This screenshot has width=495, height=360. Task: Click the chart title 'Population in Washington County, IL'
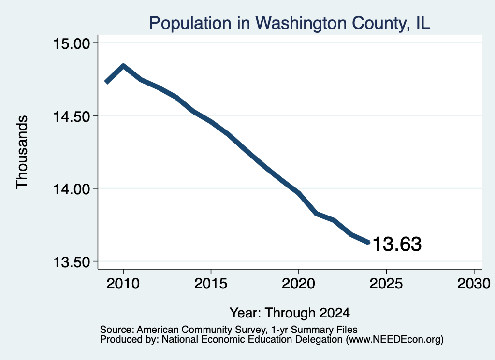click(290, 23)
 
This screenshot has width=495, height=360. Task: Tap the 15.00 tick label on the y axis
click(72, 43)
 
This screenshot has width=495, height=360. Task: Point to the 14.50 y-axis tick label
click(72, 116)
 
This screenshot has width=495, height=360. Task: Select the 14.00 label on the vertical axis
click(72, 189)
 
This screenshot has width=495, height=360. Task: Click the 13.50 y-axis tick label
click(72, 262)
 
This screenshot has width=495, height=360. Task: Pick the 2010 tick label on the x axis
click(123, 284)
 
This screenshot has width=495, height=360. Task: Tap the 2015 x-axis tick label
click(211, 284)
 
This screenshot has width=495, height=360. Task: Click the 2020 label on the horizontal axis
click(298, 284)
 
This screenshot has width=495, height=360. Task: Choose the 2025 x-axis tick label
click(386, 284)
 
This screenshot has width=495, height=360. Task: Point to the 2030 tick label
click(474, 284)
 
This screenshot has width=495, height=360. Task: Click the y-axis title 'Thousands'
click(22, 152)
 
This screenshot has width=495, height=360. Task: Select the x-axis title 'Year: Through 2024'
click(290, 313)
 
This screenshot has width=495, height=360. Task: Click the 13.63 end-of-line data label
click(397, 244)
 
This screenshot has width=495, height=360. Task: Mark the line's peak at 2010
click(123, 66)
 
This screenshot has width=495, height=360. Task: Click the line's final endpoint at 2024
click(368, 242)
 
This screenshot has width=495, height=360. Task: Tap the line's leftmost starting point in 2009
click(106, 82)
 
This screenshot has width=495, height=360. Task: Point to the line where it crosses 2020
click(299, 193)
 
